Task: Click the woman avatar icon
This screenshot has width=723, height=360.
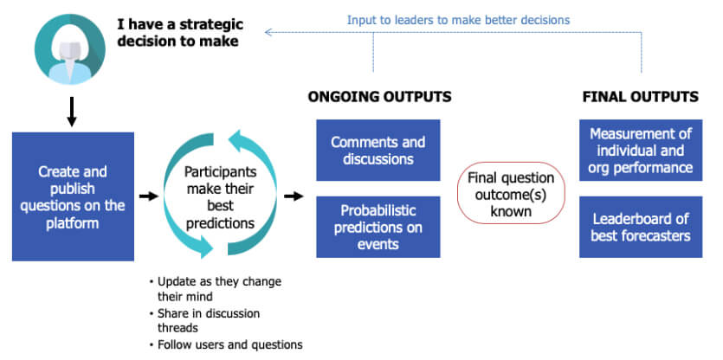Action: (70, 49)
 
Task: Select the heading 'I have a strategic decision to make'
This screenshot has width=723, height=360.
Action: (180, 33)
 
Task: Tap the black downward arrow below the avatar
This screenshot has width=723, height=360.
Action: (71, 111)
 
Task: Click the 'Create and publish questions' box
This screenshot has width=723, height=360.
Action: (73, 196)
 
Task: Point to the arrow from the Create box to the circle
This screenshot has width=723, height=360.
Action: (148, 196)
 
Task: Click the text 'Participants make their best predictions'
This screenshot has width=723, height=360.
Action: (220, 198)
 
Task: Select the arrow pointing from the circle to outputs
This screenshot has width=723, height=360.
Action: (294, 196)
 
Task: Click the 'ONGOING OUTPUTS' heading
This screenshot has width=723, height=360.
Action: (379, 97)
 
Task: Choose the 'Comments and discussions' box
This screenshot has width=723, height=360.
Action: (378, 151)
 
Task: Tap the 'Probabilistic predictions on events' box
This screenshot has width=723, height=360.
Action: (378, 227)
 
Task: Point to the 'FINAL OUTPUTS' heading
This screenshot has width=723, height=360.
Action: (641, 97)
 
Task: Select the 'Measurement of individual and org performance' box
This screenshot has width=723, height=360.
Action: (641, 151)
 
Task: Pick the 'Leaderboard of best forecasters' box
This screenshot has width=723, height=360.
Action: (641, 227)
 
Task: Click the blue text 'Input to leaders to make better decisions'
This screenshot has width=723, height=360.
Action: (458, 20)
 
